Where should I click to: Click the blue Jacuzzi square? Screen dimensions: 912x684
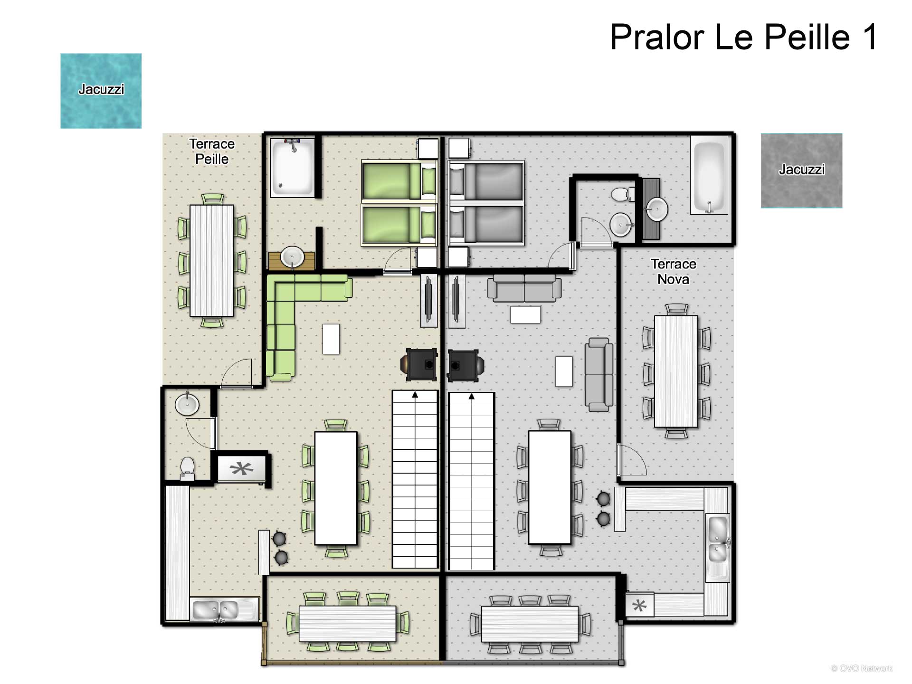[x=101, y=91]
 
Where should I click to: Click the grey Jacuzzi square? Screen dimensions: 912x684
[x=801, y=171]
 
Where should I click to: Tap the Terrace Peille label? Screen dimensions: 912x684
[x=212, y=152]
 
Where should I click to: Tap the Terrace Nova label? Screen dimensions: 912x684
[x=673, y=272]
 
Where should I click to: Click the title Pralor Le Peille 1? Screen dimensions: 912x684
[x=744, y=37]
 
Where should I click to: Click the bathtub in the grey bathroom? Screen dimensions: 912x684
[x=709, y=175]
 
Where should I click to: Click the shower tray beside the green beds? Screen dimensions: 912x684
[x=293, y=167]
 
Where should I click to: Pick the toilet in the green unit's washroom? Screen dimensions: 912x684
[x=187, y=468]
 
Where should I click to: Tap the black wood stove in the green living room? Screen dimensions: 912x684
[x=420, y=364]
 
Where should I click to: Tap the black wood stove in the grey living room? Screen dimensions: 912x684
[x=465, y=365]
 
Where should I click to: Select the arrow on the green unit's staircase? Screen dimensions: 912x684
[x=415, y=395]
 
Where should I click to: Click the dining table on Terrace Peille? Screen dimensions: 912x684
[x=211, y=260]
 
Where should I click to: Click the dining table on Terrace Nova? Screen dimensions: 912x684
[x=676, y=371]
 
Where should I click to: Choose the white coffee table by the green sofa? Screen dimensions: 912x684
[x=331, y=339]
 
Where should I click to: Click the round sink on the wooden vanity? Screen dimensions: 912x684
[x=292, y=257]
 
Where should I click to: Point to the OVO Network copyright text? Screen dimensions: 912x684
[x=862, y=668]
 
